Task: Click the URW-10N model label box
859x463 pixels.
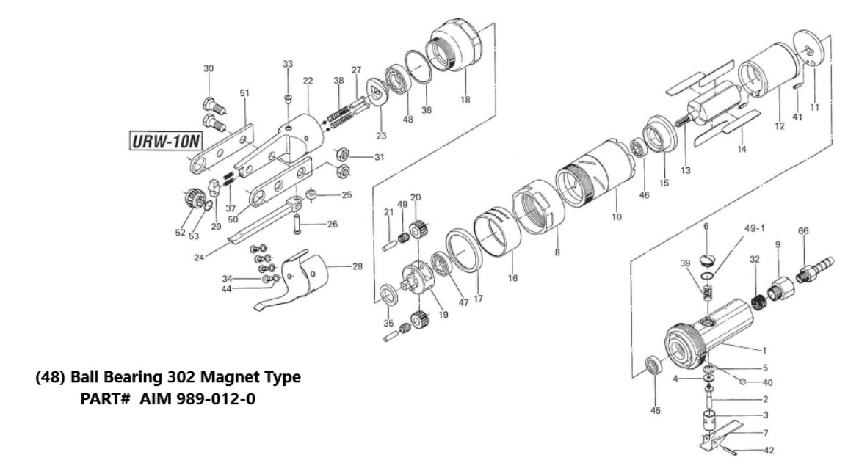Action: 160,139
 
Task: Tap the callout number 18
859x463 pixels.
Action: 464,99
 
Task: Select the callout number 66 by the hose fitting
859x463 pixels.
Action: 804,230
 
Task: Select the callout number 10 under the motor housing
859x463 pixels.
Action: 617,217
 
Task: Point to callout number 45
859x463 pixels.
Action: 655,410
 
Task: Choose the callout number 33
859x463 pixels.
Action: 288,64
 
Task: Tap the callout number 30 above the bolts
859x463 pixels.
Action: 209,68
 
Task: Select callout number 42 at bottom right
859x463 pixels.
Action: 769,451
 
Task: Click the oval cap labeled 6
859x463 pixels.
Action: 707,258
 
